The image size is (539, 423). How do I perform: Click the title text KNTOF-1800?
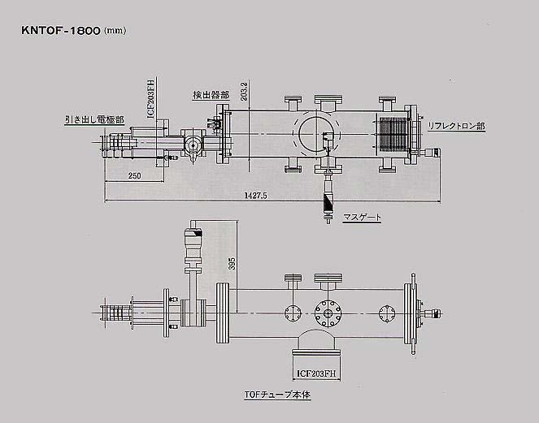pos(61,30)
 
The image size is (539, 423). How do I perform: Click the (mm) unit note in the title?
pos(115,31)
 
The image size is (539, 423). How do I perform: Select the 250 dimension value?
pos(134,175)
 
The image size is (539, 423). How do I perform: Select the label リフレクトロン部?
pos(456,127)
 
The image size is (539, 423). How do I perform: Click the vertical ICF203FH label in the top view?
pos(151,99)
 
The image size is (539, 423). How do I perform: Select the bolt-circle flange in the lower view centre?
pos(328,312)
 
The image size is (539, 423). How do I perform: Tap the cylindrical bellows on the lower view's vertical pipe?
pos(193,243)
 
